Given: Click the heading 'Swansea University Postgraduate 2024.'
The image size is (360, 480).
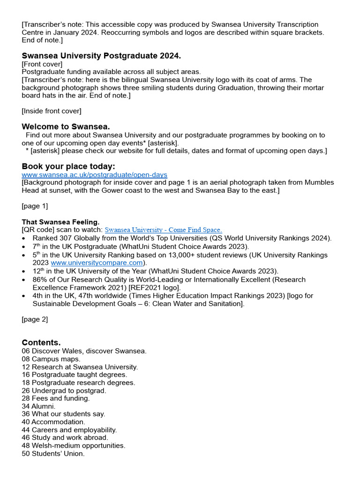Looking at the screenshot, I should point(101,56).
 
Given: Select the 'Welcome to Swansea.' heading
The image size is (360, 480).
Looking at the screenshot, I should point(66,127).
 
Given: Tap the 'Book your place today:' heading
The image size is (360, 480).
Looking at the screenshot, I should point(68,166).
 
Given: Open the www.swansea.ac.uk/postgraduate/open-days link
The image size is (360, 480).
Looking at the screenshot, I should point(94,174).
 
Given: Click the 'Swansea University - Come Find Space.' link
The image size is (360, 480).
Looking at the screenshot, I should point(163,230).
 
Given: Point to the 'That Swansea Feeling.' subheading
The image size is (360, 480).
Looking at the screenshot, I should point(60,222).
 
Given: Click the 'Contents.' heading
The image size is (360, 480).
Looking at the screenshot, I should point(41,342).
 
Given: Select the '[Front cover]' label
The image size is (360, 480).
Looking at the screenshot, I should point(42,64).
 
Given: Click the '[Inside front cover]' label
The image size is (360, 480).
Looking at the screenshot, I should point(52,111).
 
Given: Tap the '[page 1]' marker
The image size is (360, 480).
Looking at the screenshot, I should point(35,206).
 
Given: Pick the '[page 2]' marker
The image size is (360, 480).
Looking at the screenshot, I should point(35,319).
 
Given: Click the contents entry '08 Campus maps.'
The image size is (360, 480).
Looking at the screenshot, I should point(51,359).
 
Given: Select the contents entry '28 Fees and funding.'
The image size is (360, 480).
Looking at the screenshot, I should point(56,398).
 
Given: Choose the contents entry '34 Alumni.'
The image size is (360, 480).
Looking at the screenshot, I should point(38,406).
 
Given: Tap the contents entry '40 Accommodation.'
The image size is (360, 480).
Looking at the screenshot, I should point(53,422).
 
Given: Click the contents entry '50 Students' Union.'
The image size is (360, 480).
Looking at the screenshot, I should point(53,453).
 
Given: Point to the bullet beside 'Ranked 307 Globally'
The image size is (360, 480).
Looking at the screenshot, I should point(24,238).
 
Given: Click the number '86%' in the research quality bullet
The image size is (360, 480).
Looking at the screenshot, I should point(40,279).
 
